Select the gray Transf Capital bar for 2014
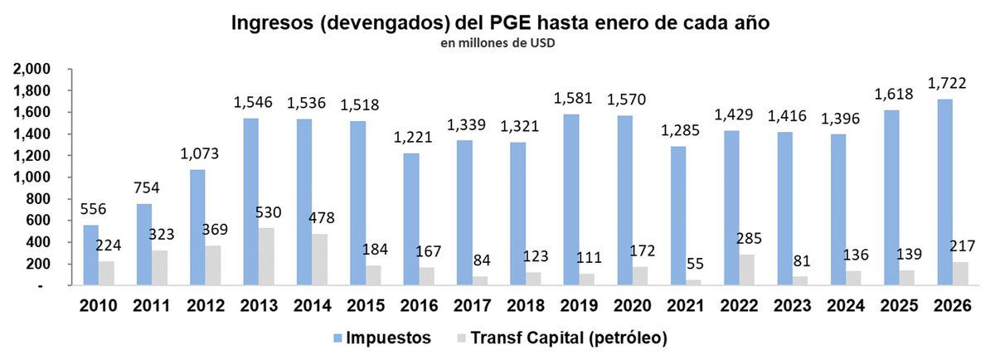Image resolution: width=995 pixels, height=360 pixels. [320, 260]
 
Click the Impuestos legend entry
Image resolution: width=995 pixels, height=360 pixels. [382, 338]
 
